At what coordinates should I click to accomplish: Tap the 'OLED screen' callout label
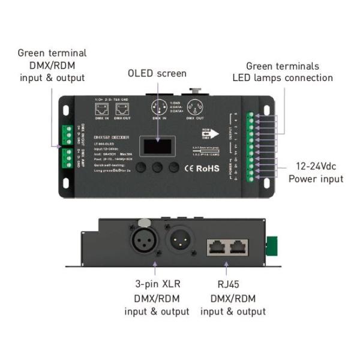pyautogui.click(x=157, y=74)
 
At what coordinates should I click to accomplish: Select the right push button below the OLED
pyautogui.click(x=175, y=167)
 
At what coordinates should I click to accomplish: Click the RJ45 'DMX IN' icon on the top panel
pyautogui.click(x=100, y=109)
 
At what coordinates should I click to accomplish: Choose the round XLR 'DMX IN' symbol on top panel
pyautogui.click(x=160, y=110)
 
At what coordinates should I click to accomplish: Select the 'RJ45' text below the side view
pyautogui.click(x=233, y=283)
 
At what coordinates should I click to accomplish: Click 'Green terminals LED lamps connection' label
pyautogui.click(x=283, y=72)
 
